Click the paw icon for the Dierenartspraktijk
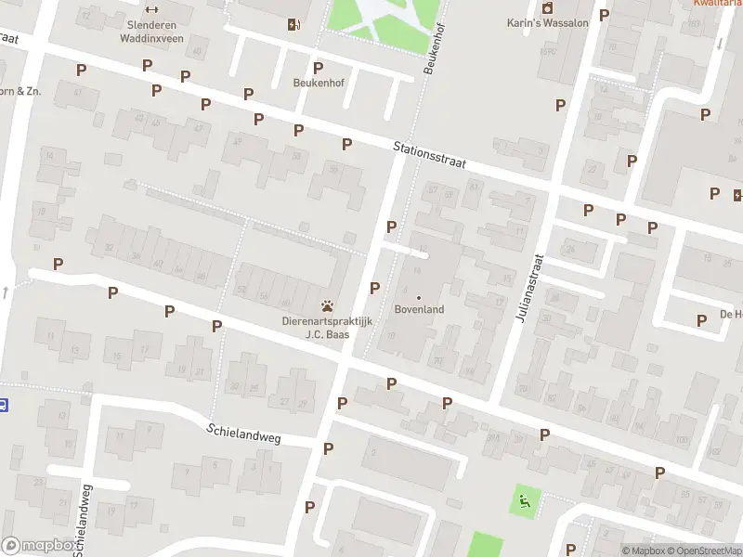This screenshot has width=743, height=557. tap(327, 305)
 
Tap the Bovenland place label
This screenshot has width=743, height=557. tap(419, 309)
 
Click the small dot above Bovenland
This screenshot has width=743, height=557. tap(419, 297)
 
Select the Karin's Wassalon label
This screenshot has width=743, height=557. tap(547, 23)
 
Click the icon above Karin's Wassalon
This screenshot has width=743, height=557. tap(547, 8)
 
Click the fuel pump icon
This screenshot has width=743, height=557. tap(294, 24)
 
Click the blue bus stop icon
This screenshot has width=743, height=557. tap(4, 404)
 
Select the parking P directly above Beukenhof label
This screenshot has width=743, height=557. tap(319, 68)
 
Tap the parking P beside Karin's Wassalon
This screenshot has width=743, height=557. tap(604, 15)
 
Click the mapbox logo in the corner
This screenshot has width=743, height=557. tap(38, 546)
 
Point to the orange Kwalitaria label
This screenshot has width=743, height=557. tap(717, 3)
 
